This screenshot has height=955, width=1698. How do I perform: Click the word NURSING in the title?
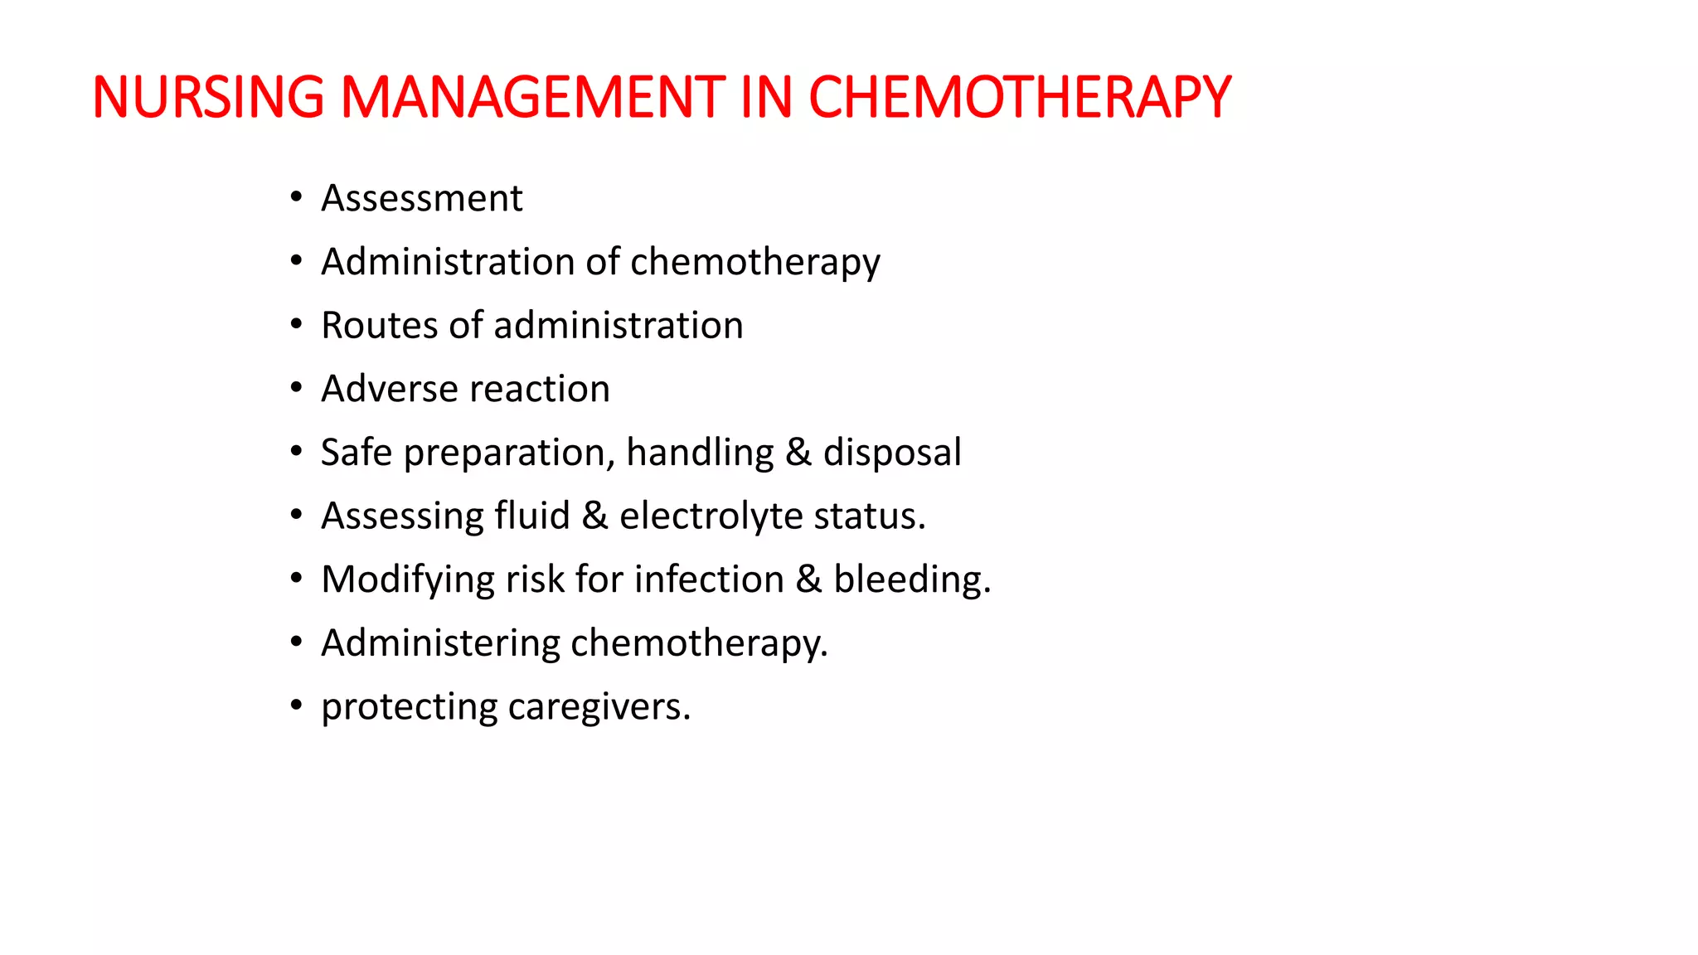208,98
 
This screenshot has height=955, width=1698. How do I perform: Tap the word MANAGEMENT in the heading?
533,98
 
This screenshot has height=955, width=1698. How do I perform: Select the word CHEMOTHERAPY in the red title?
1020,98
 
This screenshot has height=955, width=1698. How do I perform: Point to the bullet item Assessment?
422,199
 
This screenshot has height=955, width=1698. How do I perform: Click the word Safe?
356,453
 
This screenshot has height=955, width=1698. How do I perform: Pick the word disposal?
892,453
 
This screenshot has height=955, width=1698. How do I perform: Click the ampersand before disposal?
798,453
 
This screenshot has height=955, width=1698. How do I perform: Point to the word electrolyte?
711,516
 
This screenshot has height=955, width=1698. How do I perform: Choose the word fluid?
532,516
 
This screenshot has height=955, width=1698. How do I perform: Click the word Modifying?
407,580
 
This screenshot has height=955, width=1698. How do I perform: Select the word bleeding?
911,580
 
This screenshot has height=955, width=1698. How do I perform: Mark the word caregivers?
598,707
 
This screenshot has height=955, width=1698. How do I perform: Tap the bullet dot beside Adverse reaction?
296,388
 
